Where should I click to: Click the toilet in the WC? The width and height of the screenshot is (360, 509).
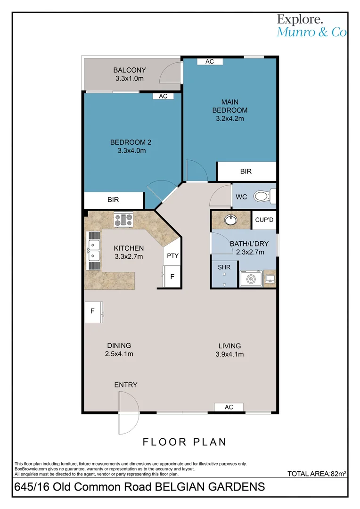[262, 197]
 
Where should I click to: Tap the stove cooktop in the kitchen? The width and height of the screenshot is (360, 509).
[123, 219]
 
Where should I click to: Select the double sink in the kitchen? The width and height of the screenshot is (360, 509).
[94, 250]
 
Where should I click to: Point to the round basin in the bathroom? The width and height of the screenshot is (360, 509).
[231, 220]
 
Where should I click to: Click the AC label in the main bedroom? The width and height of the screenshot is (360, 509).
[209, 62]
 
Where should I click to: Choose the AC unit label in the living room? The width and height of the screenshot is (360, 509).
[229, 407]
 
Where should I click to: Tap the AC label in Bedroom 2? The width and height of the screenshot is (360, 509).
[163, 96]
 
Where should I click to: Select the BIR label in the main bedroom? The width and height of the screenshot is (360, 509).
[246, 172]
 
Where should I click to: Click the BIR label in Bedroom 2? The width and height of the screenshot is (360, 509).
[113, 200]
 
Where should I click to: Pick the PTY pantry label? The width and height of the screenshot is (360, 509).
[172, 256]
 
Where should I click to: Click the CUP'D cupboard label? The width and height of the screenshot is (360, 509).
[264, 220]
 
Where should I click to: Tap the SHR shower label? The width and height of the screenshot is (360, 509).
[224, 267]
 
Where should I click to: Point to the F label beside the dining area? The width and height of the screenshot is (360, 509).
[93, 312]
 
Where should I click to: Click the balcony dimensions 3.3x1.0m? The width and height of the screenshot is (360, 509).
[129, 79]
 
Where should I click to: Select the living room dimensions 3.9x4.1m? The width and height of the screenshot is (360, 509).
[229, 354]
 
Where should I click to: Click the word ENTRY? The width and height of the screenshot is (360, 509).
[126, 385]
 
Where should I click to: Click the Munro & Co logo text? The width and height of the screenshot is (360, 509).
[311, 32]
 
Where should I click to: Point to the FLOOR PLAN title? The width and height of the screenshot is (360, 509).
[185, 442]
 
